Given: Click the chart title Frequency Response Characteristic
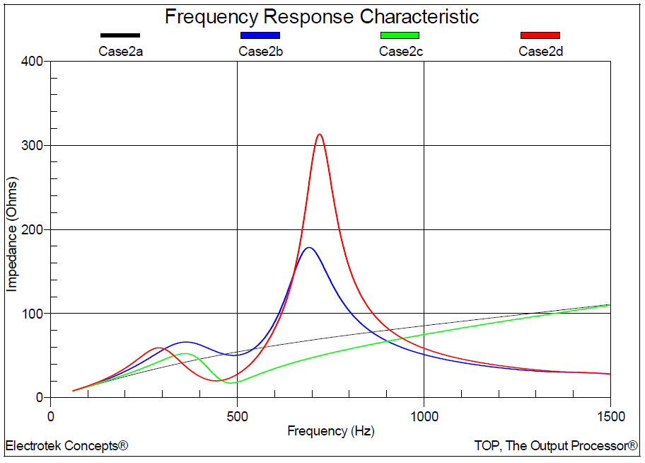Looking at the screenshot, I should click(x=322, y=17).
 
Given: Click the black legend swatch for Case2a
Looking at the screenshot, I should click(x=120, y=35).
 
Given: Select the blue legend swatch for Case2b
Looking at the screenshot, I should click(x=260, y=35).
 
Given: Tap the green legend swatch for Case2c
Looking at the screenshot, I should click(x=400, y=35).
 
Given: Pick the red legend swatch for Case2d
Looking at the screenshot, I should click(x=540, y=35).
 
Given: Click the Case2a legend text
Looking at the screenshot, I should click(x=120, y=51).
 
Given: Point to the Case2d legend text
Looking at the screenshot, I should click(x=540, y=51).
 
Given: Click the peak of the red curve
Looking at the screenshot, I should click(x=320, y=135).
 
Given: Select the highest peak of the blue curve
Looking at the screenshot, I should click(x=308, y=248).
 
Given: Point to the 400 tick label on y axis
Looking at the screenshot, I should click(x=33, y=62).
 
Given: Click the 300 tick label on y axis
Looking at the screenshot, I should click(x=33, y=146).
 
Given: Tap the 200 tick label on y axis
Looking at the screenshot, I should click(x=33, y=229).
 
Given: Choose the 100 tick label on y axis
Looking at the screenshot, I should click(x=33, y=314).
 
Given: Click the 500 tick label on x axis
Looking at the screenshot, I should click(x=237, y=416).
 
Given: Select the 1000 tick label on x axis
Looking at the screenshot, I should click(x=424, y=416).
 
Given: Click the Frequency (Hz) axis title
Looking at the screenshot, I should click(x=330, y=430).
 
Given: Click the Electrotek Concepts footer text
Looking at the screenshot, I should click(x=66, y=446).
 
